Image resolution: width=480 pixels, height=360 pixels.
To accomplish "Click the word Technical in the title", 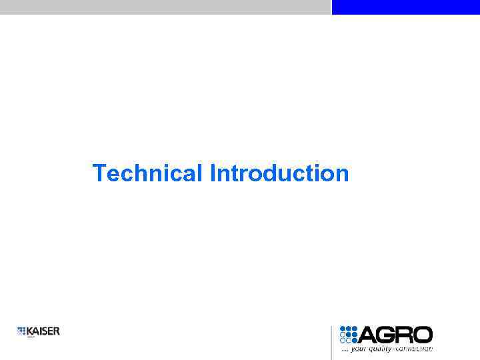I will pyautogui.click(x=148, y=173).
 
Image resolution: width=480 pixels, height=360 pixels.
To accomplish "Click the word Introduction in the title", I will pyautogui.click(x=279, y=173).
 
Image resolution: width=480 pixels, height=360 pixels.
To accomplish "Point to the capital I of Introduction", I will pyautogui.click(x=213, y=173).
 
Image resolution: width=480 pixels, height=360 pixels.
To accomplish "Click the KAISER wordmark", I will pyautogui.click(x=43, y=331).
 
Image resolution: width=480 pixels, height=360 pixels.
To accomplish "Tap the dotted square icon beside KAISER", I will pyautogui.click(x=21, y=331).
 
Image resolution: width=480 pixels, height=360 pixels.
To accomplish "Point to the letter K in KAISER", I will pyautogui.click(x=30, y=331).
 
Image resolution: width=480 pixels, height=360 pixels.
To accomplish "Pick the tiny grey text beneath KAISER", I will pyautogui.click(x=31, y=337).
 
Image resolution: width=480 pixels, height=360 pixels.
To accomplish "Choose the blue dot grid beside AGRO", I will pyautogui.click(x=349, y=335).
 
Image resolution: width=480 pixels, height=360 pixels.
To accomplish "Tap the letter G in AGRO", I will pyautogui.click(x=387, y=335).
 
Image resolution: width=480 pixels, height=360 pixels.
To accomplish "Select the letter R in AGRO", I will pyautogui.click(x=405, y=335).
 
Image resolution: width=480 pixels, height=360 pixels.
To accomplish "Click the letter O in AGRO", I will pyautogui.click(x=423, y=335).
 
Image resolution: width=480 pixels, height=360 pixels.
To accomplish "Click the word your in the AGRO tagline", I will pyautogui.click(x=359, y=349).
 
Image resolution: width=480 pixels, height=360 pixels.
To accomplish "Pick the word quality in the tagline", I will pyautogui.click(x=381, y=349).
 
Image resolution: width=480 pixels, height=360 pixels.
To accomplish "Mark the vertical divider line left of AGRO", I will pyautogui.click(x=331, y=342).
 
